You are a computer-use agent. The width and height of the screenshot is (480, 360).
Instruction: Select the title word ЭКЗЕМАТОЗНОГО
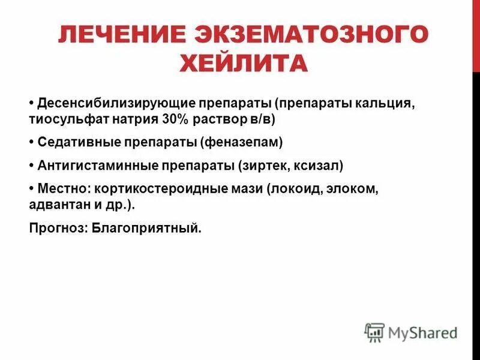pyautogui.click(x=318, y=35)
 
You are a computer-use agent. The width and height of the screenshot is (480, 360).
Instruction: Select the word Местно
pyautogui.click(x=59, y=189)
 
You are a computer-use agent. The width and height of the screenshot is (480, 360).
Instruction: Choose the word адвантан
pyautogui.click(x=58, y=205)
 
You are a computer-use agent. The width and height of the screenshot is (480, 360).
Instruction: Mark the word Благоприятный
pyautogui.click(x=146, y=228)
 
